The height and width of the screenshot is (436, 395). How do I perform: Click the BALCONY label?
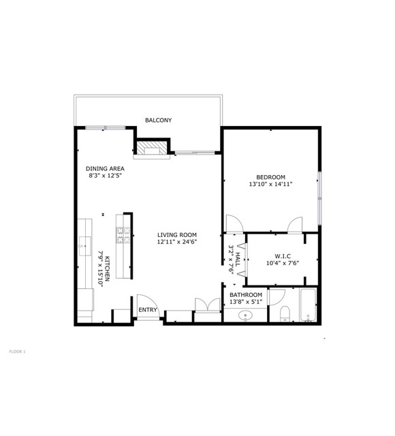click(158, 120)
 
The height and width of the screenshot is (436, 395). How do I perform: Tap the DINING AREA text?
click(105, 168)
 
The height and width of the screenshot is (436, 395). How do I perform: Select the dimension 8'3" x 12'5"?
click(106, 176)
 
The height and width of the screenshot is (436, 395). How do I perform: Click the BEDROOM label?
click(270, 177)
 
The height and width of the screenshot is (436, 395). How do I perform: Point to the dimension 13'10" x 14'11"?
click(270, 184)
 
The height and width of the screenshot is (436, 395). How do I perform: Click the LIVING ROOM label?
click(177, 235)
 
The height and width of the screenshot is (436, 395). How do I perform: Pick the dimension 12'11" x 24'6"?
click(177, 242)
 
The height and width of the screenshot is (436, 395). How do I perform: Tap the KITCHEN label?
click(108, 268)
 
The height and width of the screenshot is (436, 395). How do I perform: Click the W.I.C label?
click(283, 256)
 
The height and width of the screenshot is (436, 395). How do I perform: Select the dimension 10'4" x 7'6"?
click(283, 263)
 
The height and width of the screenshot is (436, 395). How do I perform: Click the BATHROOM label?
click(246, 295)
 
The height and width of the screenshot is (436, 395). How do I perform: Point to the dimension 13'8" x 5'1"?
click(246, 302)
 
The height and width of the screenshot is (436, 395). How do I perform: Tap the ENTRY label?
click(148, 310)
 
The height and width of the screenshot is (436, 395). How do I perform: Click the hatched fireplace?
click(152, 148)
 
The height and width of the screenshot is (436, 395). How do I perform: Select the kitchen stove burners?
click(123, 235)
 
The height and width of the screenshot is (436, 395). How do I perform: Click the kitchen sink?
click(85, 246)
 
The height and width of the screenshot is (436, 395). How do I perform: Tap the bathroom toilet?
click(285, 313)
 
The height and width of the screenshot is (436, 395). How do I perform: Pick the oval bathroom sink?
click(245, 315)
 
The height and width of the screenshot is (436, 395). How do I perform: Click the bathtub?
click(308, 305)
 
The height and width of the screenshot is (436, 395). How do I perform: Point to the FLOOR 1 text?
click(17, 352)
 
